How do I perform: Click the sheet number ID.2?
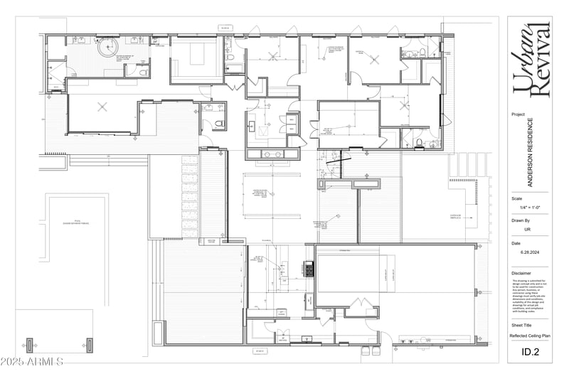pyautogui.click(x=530, y=351)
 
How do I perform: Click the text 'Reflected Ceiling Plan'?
pyautogui.click(x=531, y=336)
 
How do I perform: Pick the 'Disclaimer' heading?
pyautogui.click(x=521, y=273)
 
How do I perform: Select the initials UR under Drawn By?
pyautogui.click(x=528, y=230)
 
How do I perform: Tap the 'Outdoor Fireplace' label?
pyautogui.click(x=456, y=215)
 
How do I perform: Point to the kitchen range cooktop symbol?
pyautogui.click(x=309, y=270)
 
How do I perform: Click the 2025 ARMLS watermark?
pyautogui.click(x=33, y=362)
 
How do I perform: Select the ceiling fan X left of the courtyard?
pyautogui.click(x=102, y=107)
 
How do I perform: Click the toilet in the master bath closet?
pyautogui.click(x=143, y=72)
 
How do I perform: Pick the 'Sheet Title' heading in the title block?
pyautogui.click(x=521, y=324)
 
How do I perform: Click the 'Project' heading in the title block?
pyautogui.click(x=518, y=114)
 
